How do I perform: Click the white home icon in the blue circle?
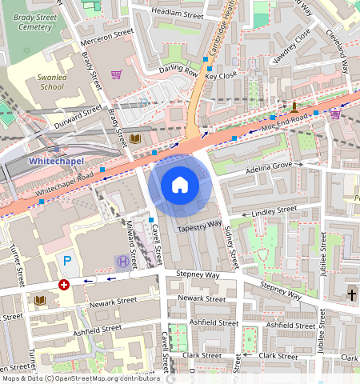[180, 186]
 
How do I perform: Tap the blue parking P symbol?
[68, 262]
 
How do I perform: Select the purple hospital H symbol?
[122, 262]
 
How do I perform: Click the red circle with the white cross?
[64, 284]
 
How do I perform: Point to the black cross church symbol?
[351, 295]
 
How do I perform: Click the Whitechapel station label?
[55, 161]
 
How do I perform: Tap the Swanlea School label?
[51, 82]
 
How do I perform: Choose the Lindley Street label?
[274, 211]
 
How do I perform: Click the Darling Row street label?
[178, 70]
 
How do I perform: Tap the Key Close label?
[221, 76]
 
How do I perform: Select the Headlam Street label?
[177, 14]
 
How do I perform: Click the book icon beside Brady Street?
[134, 139]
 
